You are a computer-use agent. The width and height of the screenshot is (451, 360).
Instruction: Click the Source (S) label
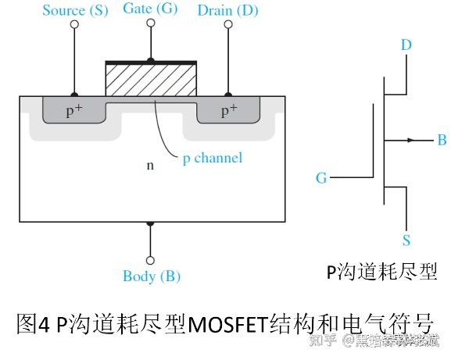pyautogui.click(x=74, y=10)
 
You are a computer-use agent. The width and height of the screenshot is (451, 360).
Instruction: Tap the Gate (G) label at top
pyautogui.click(x=150, y=9)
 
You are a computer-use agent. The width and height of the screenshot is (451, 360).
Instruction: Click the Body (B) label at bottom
pyautogui.click(x=151, y=276)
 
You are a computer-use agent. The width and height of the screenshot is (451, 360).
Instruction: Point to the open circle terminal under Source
pyautogui.click(x=75, y=24)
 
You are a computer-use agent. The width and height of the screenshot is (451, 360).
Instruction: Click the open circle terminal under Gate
pyautogui.click(x=150, y=24)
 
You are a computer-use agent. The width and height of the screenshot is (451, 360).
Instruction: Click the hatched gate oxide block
pyautogui.click(x=150, y=82)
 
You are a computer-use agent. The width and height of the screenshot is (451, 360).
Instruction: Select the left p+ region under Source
pyautogui.click(x=74, y=111)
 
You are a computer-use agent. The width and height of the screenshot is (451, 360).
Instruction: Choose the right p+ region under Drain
pyautogui.click(x=228, y=111)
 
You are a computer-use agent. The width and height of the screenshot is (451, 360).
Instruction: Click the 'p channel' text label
pyautogui.click(x=212, y=159)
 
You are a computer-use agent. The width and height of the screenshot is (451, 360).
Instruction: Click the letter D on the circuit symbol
pyautogui.click(x=406, y=45)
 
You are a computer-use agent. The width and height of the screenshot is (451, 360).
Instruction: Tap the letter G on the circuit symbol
pyautogui.click(x=321, y=178)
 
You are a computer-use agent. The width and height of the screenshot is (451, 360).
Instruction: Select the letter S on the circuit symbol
pyautogui.click(x=406, y=241)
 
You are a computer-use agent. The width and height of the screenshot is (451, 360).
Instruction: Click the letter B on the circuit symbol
pyautogui.click(x=442, y=141)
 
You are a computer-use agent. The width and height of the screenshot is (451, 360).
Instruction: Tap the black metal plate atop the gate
pyautogui.click(x=150, y=62)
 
